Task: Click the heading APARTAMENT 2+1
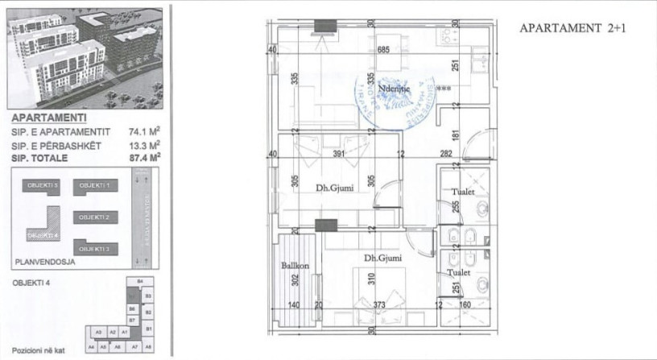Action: tap(572, 27)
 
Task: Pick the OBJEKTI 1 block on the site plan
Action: tap(95, 186)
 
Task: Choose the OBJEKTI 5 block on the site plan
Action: tap(43, 186)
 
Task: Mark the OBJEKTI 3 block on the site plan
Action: tap(95, 249)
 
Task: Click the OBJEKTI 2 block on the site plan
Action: tap(95, 217)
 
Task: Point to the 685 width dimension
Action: tap(383, 50)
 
